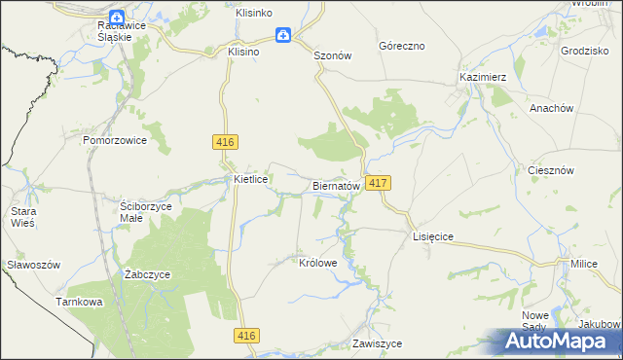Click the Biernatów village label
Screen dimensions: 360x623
coord(338,185)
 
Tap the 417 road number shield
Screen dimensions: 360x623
coord(381,183)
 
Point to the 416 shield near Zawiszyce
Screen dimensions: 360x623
coord(247,336)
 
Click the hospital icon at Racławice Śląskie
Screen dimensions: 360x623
coord(117,17)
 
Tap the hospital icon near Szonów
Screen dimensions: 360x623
coord(282,36)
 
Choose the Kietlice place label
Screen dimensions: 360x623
coord(251,180)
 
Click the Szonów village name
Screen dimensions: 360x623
coord(332,56)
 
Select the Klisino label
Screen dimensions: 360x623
coord(243,52)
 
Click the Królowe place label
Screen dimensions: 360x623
coord(318,263)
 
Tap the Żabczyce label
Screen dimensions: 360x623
coord(148,274)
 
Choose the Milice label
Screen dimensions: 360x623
coord(584,264)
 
